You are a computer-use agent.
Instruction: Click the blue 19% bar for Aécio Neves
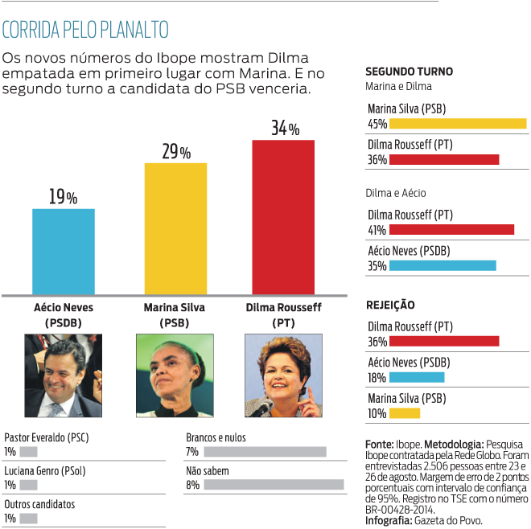tap(64, 252)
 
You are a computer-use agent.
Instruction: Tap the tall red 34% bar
tap(283, 217)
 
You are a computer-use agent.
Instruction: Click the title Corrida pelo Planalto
tap(85, 31)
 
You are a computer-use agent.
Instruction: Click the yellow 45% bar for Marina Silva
tap(458, 124)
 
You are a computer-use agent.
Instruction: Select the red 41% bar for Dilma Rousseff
tap(451, 230)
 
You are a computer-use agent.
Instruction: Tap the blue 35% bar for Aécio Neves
tap(442, 265)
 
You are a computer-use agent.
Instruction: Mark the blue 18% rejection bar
tap(417, 377)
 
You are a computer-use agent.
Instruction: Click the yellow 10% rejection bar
tap(405, 413)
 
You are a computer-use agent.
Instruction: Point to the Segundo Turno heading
tap(409, 71)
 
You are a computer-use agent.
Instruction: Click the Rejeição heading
tap(390, 306)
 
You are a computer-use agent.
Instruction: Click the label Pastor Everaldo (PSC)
tap(46, 437)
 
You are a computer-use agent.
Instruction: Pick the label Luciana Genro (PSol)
tap(46, 471)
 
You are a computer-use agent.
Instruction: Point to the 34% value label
tap(285, 128)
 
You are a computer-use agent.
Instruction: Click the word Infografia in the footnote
tap(389, 520)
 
